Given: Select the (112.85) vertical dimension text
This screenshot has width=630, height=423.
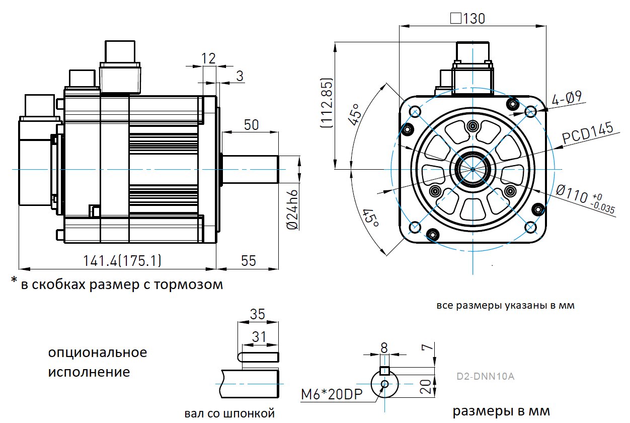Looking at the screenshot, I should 327,104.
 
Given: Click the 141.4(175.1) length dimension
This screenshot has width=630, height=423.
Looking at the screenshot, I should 122,260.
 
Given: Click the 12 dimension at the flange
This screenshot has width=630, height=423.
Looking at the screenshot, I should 209,58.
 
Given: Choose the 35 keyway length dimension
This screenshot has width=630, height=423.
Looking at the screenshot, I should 257,315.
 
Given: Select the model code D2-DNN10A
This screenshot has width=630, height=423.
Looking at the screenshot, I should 485,376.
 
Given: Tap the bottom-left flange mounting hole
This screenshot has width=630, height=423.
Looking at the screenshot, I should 415,228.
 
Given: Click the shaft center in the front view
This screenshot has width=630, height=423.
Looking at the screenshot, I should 473,169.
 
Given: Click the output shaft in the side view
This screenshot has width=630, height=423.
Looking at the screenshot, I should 250,169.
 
